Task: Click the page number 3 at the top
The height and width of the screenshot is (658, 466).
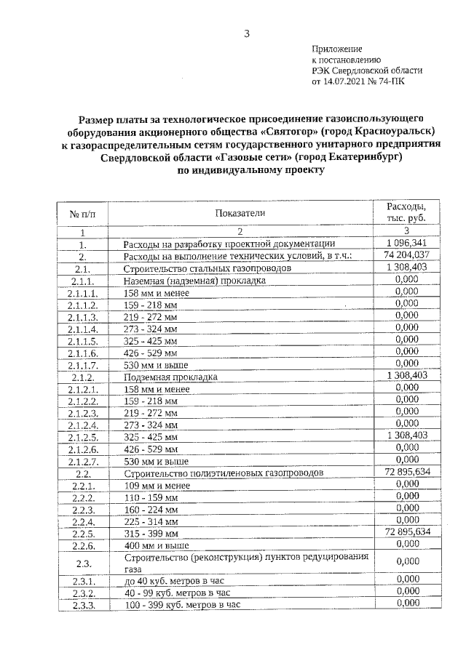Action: click(247, 33)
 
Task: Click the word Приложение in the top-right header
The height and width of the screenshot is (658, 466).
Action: click(336, 48)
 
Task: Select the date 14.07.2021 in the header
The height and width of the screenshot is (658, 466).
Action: click(343, 82)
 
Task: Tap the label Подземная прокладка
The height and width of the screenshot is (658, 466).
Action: click(170, 378)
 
